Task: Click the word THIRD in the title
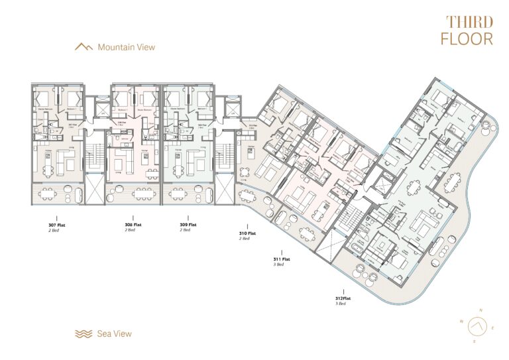point(469,23)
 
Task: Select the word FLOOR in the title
point(468,38)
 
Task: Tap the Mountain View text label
point(126,47)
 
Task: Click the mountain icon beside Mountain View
point(84,47)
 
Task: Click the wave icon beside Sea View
point(84,333)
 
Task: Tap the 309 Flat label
point(188,225)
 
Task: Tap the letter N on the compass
point(482,310)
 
